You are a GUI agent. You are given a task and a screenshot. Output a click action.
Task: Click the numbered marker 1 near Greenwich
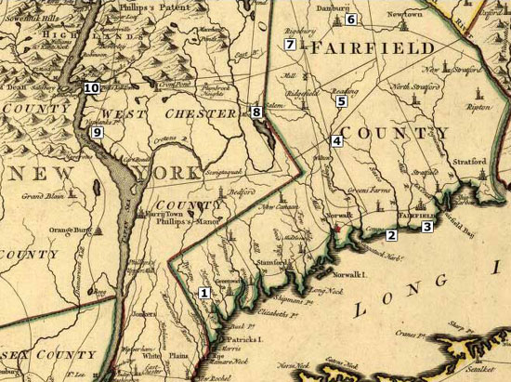coord(205,293)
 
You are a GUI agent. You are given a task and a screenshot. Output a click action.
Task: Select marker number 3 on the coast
coord(427,226)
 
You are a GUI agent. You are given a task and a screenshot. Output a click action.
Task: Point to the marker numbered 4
coord(336,140)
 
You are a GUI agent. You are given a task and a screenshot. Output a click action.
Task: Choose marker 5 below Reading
coord(341,100)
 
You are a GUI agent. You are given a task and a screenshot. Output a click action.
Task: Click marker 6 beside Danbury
coord(350,19)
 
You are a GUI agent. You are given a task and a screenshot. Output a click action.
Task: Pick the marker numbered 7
coord(290,45)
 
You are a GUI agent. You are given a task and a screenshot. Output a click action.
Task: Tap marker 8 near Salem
coord(256,112)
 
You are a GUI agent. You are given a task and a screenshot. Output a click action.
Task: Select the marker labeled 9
coord(96,133)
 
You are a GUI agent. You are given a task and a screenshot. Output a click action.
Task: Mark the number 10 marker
coord(91,87)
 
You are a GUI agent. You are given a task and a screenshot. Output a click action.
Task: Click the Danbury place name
coord(321,8)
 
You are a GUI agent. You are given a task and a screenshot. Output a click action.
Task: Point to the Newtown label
coord(404,16)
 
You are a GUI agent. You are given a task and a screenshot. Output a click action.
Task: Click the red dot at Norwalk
coord(338,226)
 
